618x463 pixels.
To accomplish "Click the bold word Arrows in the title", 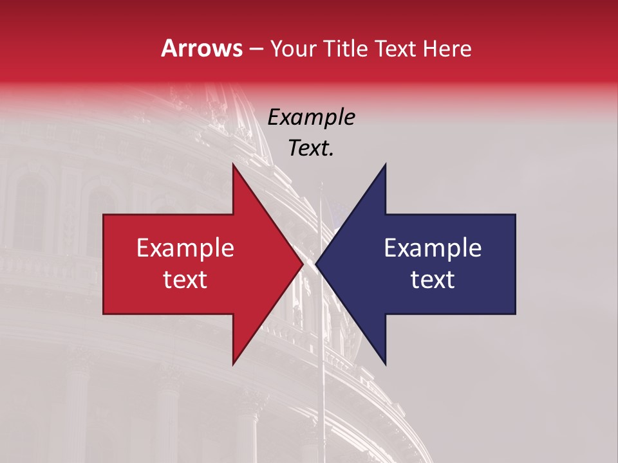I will point(202,48).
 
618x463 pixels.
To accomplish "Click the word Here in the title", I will point(447,48).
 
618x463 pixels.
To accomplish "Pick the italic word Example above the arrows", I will point(311,117).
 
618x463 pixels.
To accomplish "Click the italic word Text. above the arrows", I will point(311,148).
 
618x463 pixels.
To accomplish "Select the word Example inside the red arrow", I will point(185,248).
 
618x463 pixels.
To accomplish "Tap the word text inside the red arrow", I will point(185,279).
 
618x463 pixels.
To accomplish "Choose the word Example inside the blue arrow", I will point(433,248).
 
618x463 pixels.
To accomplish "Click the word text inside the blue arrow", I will point(433,279).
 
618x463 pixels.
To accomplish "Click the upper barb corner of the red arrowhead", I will point(233,165).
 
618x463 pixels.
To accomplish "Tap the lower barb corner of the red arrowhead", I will point(233,364).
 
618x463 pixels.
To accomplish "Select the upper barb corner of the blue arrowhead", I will point(385,165).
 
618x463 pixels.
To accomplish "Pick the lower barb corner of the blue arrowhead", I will point(385,364).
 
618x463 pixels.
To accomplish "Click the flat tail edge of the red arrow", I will point(104,264).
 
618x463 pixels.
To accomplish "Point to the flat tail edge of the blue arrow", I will point(515,264).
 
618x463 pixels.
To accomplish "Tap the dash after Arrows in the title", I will point(256,49).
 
